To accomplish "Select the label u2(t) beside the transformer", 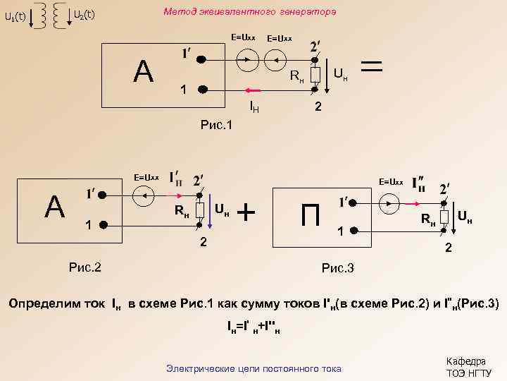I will [84, 15].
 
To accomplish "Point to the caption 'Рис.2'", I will [84, 267].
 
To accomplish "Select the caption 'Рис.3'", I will [337, 267].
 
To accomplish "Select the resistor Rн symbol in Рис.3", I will [445, 217].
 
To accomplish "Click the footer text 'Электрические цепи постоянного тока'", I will [253, 368].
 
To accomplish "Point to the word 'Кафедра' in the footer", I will [465, 361].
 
